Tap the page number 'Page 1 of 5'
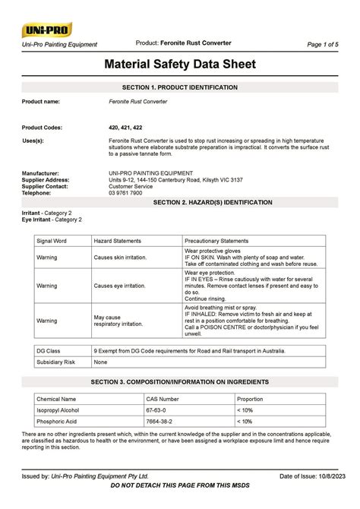click(323, 45)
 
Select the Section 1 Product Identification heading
click(180, 88)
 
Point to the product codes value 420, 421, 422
click(125, 128)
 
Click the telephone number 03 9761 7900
click(130, 193)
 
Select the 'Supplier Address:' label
click(46, 179)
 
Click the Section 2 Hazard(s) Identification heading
click(213, 204)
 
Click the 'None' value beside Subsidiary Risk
click(100, 362)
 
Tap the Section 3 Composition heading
click(180, 381)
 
